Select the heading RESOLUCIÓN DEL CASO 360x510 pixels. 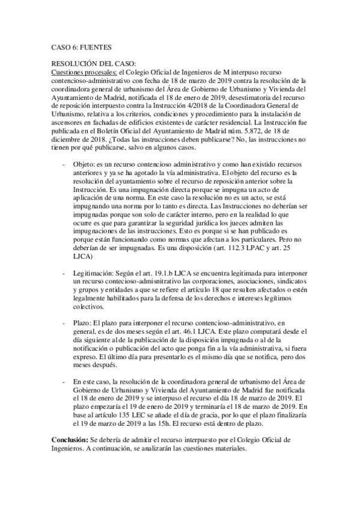click(x=94, y=63)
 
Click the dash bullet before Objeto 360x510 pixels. click(x=64, y=164)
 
